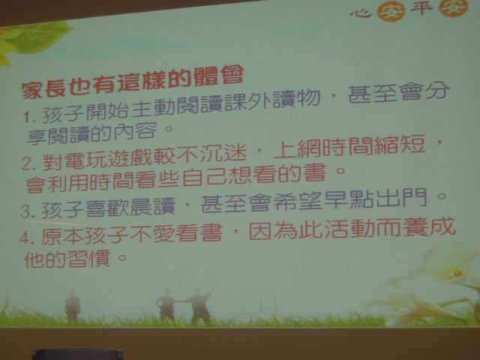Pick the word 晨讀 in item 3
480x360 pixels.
click(x=152, y=206)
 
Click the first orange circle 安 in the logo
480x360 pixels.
click(x=391, y=11)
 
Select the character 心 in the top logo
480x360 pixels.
click(x=361, y=12)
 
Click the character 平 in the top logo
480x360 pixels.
click(x=421, y=8)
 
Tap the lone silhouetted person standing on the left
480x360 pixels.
click(x=72, y=305)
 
